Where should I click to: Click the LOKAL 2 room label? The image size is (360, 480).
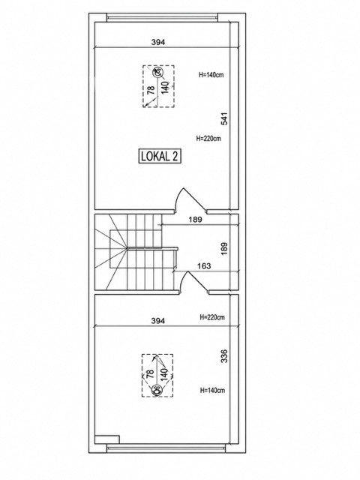point(159,156)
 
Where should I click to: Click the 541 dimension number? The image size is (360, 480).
point(225,118)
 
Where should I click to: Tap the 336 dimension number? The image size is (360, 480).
point(224,356)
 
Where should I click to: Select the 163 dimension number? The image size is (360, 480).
point(204,266)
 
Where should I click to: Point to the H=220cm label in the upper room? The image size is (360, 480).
point(208,138)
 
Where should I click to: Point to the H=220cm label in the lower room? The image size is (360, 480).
point(212,316)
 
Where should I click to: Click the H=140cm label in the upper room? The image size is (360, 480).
point(211,75)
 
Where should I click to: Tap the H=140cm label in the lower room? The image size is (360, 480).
point(212,390)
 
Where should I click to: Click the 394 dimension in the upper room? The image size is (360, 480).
point(158,42)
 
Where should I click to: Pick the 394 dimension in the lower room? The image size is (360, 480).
point(158,321)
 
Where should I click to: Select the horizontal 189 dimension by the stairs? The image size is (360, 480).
point(195,220)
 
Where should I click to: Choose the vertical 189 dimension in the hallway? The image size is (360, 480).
point(224,249)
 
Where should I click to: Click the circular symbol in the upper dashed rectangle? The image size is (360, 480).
point(157,73)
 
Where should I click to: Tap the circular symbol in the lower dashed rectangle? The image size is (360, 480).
point(157,390)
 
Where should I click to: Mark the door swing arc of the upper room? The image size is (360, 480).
point(178,196)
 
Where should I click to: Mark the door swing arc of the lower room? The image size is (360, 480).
point(183,279)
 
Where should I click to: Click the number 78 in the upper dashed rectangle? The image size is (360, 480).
point(151,90)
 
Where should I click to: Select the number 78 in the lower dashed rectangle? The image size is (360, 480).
point(150,374)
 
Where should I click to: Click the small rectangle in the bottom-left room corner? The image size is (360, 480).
point(106,439)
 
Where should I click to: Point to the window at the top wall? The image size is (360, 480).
point(162,17)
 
